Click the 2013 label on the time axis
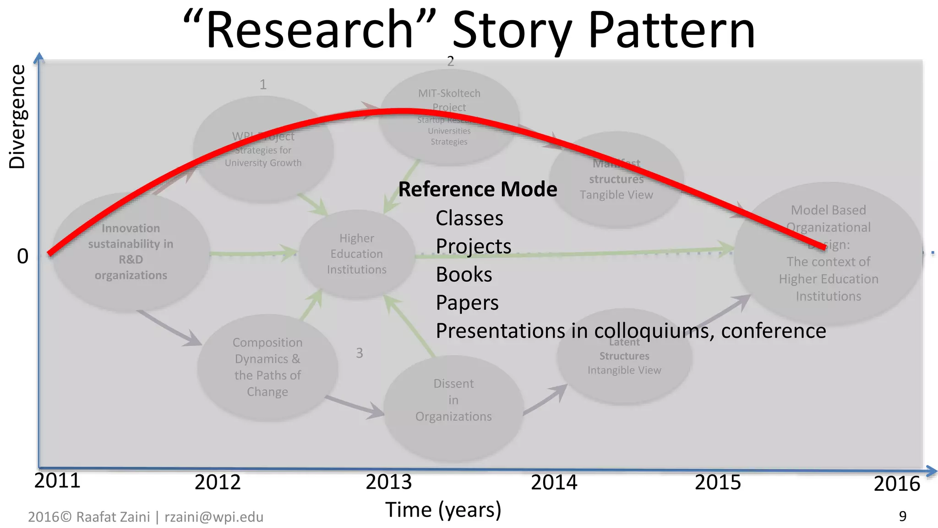pos(389,482)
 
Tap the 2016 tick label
pos(896,484)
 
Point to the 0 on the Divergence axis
pos(23,256)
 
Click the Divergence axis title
pos(17,117)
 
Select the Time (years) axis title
pos(443,510)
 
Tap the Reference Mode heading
pos(477,189)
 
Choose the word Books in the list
pos(464,275)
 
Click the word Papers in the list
pos(467,302)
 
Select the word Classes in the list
pos(469,218)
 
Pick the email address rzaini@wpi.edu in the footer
pos(214,517)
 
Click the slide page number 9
pos(902,517)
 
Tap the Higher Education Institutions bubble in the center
pos(356,254)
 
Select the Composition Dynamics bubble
pos(267,367)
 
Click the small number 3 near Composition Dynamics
pos(360,353)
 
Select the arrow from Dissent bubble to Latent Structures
pos(546,400)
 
